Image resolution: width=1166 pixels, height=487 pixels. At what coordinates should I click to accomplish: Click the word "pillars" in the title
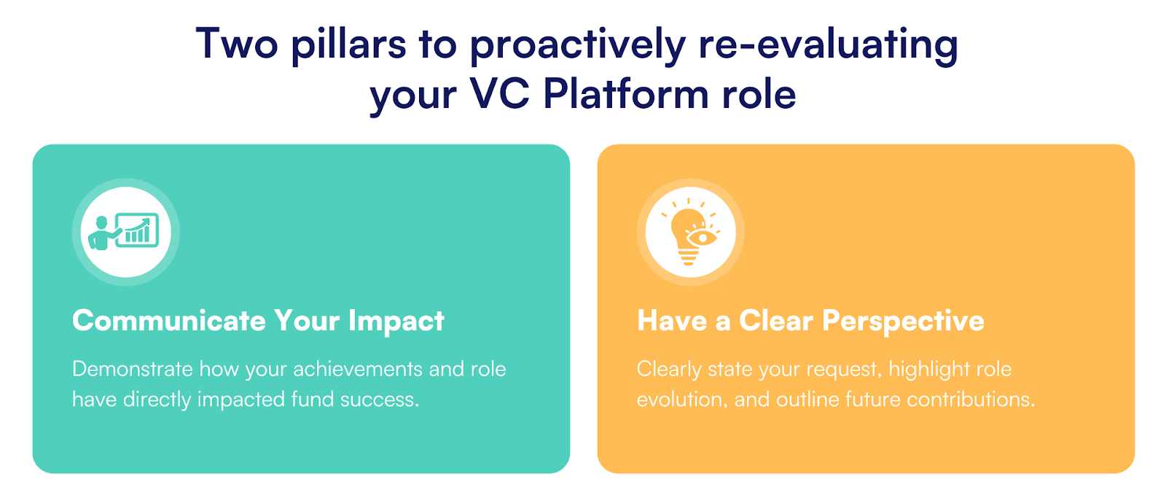348,45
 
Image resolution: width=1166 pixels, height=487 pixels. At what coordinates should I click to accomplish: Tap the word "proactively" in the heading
577,45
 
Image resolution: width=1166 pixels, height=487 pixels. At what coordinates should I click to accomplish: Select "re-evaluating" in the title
828,45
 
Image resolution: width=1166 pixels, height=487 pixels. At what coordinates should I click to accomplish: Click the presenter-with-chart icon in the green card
124,232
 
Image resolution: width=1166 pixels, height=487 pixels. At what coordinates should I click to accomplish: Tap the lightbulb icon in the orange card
690,232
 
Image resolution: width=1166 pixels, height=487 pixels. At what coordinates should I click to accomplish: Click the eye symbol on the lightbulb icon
703,238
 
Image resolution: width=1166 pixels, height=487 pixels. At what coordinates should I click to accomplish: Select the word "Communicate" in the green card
168,320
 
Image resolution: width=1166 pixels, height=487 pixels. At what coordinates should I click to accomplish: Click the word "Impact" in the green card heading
396,321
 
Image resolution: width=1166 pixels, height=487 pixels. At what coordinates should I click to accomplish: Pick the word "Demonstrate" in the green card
133,369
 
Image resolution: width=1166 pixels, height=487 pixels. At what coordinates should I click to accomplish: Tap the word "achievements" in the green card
358,369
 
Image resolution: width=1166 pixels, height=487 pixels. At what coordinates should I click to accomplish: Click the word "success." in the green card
380,400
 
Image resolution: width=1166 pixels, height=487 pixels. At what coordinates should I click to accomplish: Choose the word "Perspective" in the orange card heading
903,321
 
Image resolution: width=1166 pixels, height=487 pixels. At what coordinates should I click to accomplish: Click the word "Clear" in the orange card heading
775,320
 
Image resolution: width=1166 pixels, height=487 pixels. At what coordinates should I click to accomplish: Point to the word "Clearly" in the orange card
669,370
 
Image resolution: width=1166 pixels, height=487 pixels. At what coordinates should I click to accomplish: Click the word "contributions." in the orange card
971,400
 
